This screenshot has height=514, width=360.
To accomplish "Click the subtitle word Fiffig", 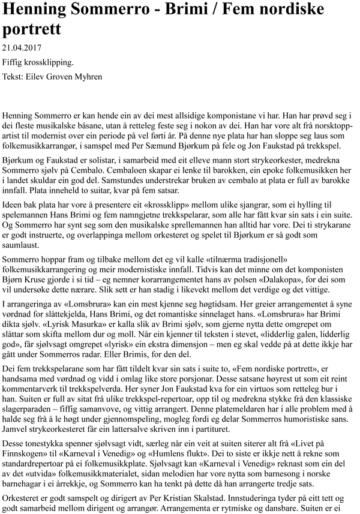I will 13,62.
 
